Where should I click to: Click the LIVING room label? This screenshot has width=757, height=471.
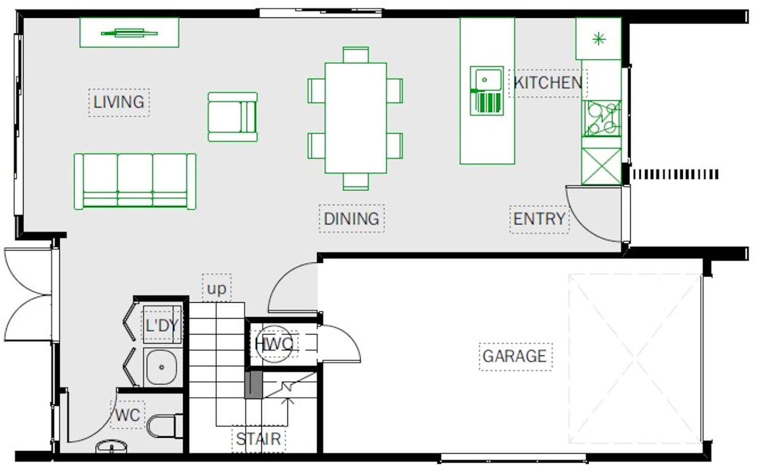coord(119,102)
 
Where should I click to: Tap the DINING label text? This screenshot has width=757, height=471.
coord(351,218)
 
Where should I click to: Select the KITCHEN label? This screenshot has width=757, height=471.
coord(548,83)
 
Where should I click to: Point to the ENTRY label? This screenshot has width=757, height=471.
coord(539,219)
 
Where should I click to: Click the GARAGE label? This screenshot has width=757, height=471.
coord(515,356)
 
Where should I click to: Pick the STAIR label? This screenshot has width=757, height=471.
coord(258,439)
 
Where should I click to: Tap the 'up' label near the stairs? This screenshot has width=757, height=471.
coord(216,289)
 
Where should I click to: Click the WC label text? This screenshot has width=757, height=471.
coord(127,415)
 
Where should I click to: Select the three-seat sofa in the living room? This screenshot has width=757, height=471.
coord(135,182)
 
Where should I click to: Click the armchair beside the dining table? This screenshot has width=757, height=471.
coord(233,117)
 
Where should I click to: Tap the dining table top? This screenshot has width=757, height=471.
coord(355,118)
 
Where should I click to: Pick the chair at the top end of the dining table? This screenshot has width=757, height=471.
coord(355,55)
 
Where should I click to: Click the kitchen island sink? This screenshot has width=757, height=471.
coord(486,91)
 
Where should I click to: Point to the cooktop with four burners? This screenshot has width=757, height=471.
coord(602,118)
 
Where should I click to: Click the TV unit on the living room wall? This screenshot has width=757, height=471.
coord(129,32)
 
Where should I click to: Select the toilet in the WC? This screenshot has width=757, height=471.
coord(165,425)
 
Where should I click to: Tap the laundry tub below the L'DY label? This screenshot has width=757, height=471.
coord(162,367)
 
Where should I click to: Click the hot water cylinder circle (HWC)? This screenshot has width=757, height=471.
coord(274,344)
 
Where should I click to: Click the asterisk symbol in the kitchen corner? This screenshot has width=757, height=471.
coord(599,39)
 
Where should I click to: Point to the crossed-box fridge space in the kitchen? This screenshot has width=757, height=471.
coord(602,166)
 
